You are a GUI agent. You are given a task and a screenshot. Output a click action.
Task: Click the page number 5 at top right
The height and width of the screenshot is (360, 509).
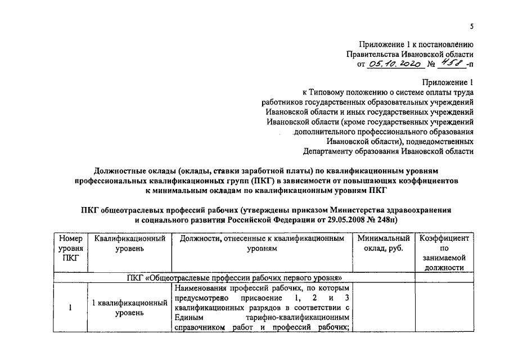(x=472, y=26)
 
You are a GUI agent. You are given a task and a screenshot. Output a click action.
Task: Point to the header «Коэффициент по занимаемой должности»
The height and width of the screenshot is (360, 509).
(x=444, y=253)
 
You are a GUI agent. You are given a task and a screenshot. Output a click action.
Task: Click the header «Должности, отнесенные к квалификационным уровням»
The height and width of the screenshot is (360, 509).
(x=262, y=243)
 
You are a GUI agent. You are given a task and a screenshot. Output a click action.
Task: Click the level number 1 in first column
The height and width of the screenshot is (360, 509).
(x=70, y=308)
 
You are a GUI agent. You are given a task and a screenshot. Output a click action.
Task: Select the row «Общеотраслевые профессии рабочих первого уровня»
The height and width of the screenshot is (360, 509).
(x=235, y=277)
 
